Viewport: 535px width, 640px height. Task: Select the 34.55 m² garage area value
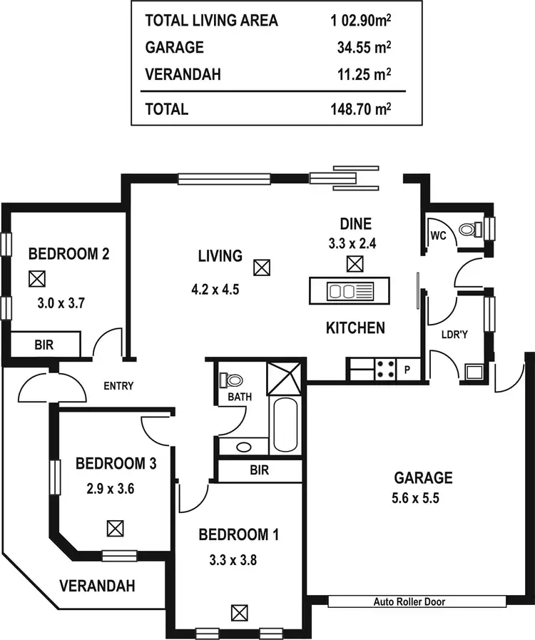coord(364,48)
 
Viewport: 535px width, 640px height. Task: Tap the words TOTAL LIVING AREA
coord(211,20)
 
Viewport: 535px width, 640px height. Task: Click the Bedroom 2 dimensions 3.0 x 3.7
coord(61,303)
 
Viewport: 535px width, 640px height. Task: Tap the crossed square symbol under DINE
coord(353,265)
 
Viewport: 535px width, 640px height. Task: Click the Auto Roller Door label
coord(408,601)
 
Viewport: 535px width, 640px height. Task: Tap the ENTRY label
coord(118,386)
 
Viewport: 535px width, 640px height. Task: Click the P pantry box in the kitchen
coord(407,369)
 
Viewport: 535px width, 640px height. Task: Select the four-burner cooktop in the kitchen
coord(386,369)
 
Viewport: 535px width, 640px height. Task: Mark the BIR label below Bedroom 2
coord(44,345)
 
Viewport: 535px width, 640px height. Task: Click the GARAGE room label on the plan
coord(422,477)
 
